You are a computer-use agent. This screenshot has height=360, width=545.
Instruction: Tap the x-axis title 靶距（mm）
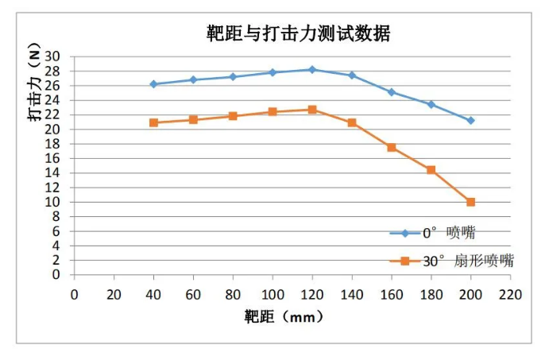(x=284, y=317)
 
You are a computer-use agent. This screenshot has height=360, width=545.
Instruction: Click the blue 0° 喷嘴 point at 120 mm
(x=312, y=70)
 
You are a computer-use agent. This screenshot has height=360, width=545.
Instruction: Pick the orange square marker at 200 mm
(x=471, y=202)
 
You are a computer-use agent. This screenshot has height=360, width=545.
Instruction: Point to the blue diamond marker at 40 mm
(x=153, y=84)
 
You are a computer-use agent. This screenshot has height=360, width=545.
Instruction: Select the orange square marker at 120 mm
(x=312, y=110)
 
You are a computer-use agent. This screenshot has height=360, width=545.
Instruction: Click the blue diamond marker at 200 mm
(x=471, y=121)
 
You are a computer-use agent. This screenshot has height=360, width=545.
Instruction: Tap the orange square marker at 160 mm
(x=392, y=147)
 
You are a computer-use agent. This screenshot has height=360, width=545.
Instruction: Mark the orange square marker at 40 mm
(x=153, y=122)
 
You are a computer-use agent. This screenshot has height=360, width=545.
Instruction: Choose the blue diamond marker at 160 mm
(x=392, y=92)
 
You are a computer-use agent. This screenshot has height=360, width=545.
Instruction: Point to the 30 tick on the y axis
(x=53, y=56)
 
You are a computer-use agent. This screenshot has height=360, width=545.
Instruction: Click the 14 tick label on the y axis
(x=53, y=173)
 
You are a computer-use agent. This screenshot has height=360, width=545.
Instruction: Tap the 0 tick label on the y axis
(x=56, y=275)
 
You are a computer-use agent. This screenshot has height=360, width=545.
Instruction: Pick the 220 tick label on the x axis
(x=510, y=292)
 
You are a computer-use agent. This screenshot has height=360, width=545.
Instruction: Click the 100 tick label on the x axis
(x=272, y=292)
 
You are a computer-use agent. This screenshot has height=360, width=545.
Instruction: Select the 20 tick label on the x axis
(x=114, y=292)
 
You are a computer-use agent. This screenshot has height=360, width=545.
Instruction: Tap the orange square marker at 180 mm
(x=431, y=170)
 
